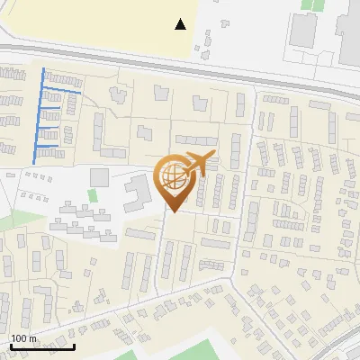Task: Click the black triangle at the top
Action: click(x=181, y=24)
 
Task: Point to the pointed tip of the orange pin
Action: click(x=173, y=212)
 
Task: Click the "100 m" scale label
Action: click(x=24, y=339)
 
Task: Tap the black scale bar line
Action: click(x=41, y=346)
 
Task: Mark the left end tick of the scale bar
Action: click(x=10, y=345)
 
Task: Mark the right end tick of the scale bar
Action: click(x=74, y=345)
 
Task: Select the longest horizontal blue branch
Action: click(x=63, y=91)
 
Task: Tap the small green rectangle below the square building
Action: click(x=92, y=195)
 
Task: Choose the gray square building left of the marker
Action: click(x=99, y=175)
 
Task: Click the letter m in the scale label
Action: click(x=34, y=339)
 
